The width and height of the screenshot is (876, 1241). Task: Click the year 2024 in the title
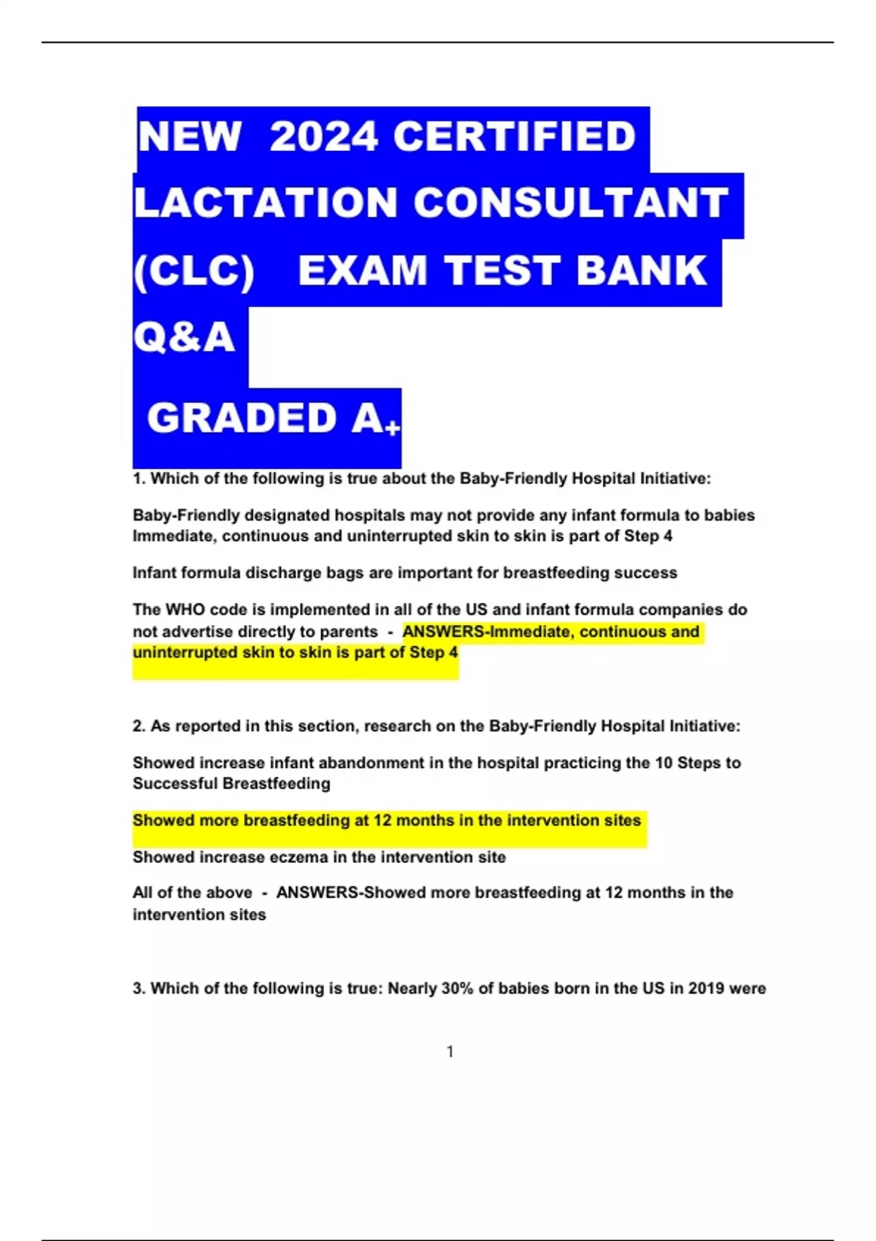[x=323, y=137]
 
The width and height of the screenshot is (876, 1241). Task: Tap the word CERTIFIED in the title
[x=515, y=137]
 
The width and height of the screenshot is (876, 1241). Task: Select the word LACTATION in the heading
[x=266, y=203]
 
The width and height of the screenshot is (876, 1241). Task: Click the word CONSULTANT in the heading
[x=571, y=203]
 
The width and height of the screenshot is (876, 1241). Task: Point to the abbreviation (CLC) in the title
[x=194, y=271]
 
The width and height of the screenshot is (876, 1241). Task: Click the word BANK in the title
[x=642, y=271]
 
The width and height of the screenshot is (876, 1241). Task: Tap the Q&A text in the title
[x=184, y=337]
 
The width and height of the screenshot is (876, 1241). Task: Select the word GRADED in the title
[x=242, y=418]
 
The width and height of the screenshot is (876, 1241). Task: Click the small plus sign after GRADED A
[x=393, y=428]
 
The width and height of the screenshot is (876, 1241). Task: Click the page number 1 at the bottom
[x=450, y=1051]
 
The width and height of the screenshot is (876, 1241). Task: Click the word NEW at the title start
[x=190, y=137]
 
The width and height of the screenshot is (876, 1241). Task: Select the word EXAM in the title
[x=363, y=271]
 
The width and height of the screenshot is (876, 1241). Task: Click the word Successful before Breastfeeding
[x=176, y=784]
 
